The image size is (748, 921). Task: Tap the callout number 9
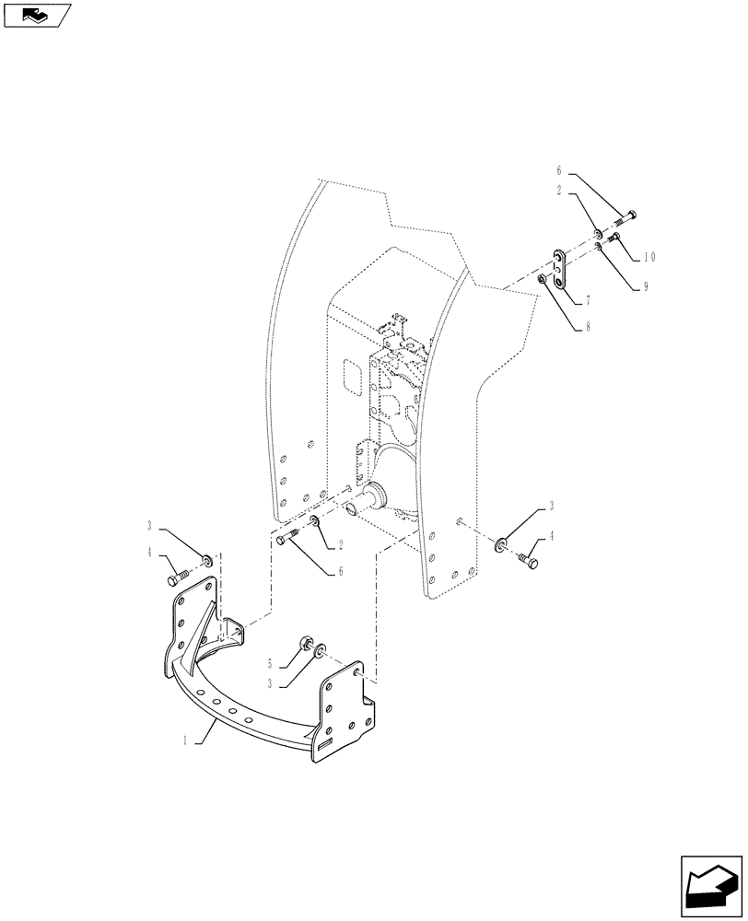coord(647,286)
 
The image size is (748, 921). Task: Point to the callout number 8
coord(588,325)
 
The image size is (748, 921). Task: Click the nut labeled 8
coord(544,278)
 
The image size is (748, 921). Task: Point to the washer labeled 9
coord(598,246)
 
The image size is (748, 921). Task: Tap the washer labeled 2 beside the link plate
coord(597,232)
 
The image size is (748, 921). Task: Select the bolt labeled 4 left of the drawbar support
coord(179,579)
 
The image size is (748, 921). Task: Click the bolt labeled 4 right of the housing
coord(528,558)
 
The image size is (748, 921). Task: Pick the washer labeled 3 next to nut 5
coord(319,652)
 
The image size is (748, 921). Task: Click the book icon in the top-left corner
coord(37,15)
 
